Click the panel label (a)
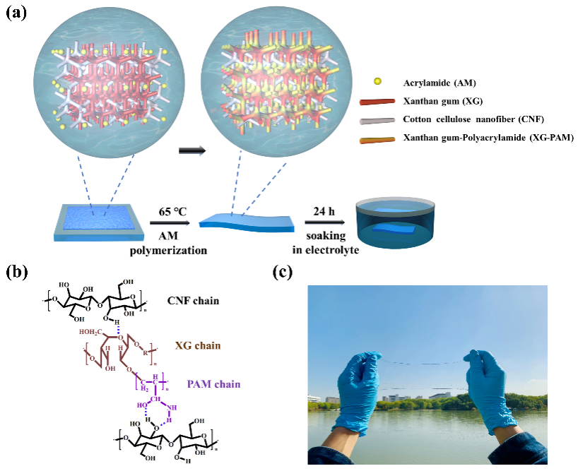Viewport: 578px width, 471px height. [16, 13]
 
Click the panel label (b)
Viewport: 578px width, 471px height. [18, 273]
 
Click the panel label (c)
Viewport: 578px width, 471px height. [283, 273]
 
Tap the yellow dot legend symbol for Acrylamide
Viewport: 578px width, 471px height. [377, 82]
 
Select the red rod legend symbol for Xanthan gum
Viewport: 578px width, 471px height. [377, 102]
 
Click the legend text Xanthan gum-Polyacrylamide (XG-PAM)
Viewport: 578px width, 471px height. [488, 138]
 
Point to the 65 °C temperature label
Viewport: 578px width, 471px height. [172, 212]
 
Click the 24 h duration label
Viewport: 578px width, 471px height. [324, 212]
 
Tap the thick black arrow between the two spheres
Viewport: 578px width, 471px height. [192, 150]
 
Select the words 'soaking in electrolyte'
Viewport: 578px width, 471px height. [326, 243]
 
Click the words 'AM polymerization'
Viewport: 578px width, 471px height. [168, 244]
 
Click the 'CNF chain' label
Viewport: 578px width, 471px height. [193, 301]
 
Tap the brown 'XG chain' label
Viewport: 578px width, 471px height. [198, 346]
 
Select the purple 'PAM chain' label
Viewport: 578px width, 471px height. [214, 384]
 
